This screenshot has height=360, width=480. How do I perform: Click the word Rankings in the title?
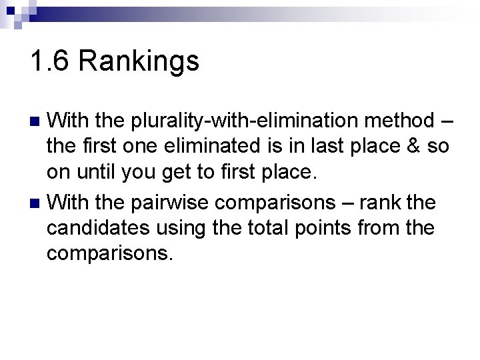click(139, 62)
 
